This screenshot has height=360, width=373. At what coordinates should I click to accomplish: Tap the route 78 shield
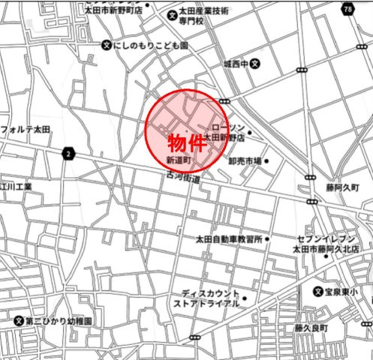[x=347, y=8]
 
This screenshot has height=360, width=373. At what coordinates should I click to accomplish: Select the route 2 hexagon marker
[x=69, y=153]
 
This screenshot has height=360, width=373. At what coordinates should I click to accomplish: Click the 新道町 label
[x=179, y=160]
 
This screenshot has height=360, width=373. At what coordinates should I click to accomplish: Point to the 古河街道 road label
[x=184, y=178]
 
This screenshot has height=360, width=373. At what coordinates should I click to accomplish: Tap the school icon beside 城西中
[x=255, y=64]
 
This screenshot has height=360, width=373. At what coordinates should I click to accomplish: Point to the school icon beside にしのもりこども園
[x=106, y=46]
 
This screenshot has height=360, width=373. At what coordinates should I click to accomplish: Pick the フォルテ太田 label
[x=26, y=129]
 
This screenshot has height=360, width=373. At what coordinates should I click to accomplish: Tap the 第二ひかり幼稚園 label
[x=59, y=320]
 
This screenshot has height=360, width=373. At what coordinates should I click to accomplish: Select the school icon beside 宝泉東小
[x=318, y=290]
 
